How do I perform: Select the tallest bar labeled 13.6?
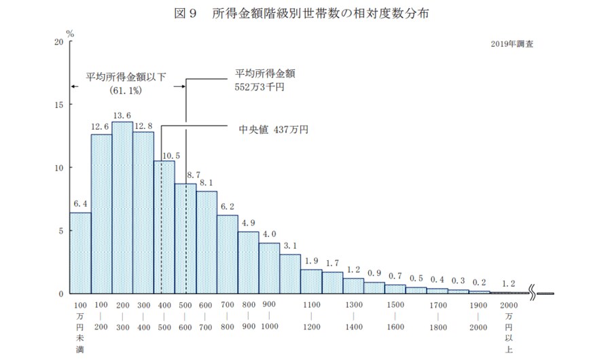[x=122, y=207]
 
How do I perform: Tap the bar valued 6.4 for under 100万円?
[x=80, y=253]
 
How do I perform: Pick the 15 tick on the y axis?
[x=58, y=105]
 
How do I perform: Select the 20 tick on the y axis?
[x=58, y=42]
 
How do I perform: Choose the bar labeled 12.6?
[x=101, y=213]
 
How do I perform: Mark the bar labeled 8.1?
[x=207, y=242]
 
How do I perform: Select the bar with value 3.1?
[x=290, y=274]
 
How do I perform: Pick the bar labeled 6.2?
[x=228, y=254]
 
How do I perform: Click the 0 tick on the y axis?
[x=60, y=293]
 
